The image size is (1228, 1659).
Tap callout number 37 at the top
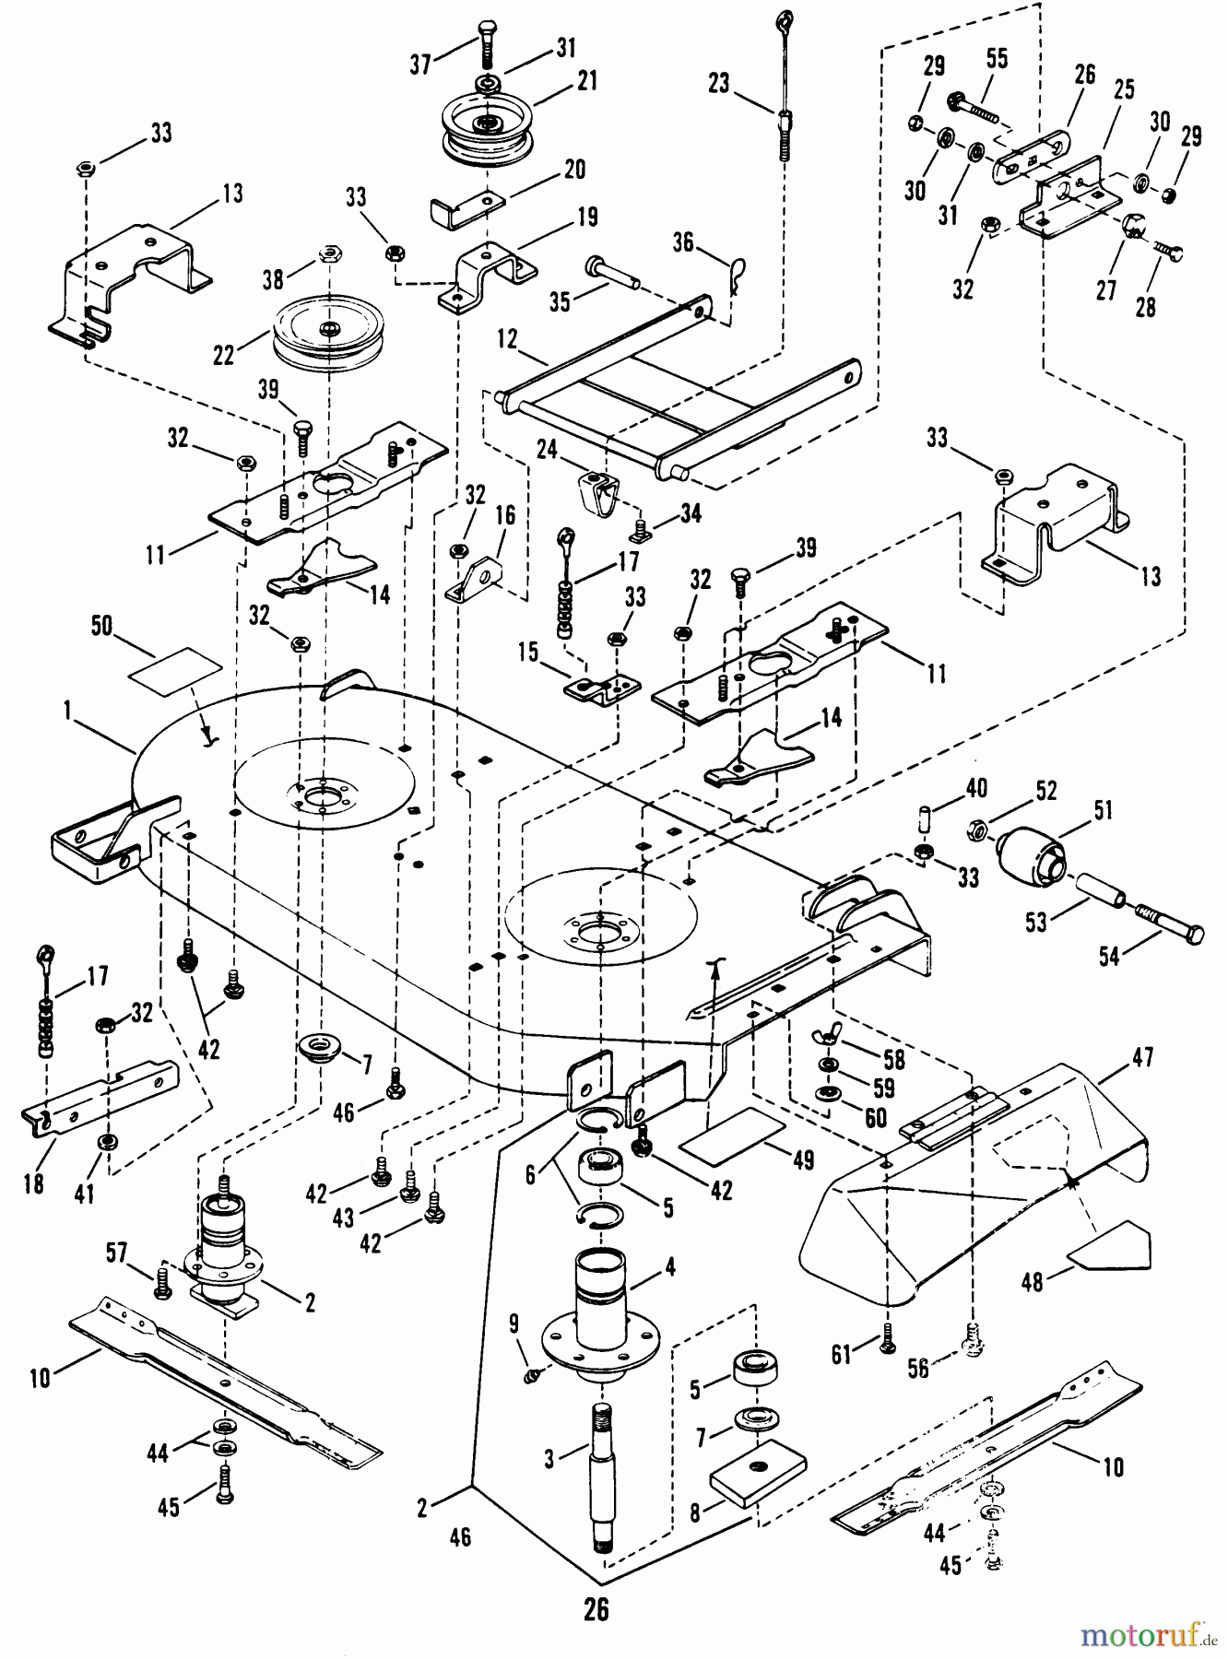[420, 64]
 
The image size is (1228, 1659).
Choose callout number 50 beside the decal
[101, 626]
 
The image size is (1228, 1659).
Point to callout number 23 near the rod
[718, 84]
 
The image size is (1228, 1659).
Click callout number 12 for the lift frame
[508, 339]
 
